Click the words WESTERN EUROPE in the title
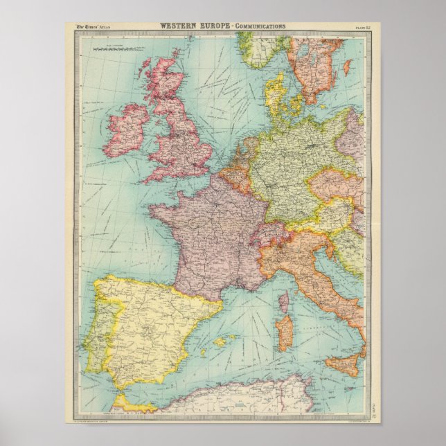coord(196,26)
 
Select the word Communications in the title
coord(260,26)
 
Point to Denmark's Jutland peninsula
coord(274,93)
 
